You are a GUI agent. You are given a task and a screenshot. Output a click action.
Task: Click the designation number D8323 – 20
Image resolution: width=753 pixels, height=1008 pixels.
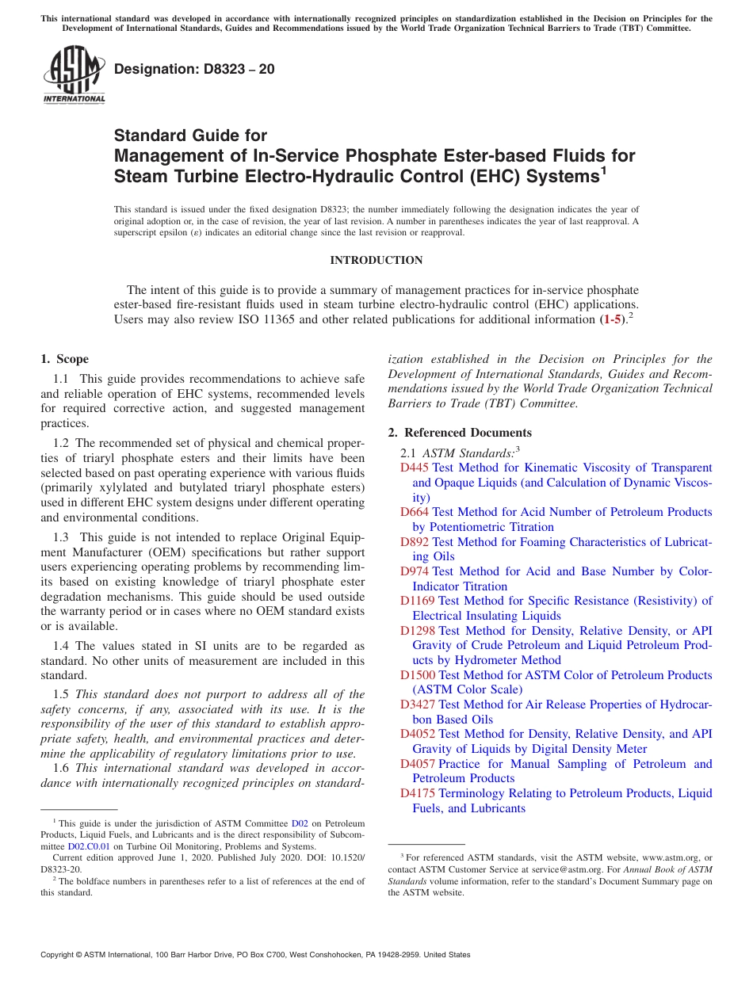(194, 69)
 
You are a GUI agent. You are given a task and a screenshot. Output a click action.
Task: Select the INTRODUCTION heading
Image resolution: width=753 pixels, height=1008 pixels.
(376, 260)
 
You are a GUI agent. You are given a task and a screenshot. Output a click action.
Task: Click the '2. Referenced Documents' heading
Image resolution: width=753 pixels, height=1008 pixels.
(460, 433)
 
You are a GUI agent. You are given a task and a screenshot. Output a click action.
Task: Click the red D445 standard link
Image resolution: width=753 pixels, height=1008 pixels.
(415, 468)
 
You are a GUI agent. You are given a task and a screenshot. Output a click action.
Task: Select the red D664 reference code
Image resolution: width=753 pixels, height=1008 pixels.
(415, 512)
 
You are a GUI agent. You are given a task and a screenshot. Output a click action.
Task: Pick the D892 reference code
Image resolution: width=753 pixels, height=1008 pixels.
(415, 542)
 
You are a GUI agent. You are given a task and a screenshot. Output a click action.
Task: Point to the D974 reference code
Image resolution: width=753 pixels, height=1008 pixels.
(415, 571)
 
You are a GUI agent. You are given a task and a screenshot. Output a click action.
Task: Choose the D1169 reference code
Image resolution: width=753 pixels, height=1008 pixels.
(418, 601)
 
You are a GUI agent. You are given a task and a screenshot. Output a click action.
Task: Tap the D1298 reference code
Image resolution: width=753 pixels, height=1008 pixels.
(418, 631)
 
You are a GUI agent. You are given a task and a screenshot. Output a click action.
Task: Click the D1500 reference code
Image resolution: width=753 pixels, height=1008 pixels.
(418, 675)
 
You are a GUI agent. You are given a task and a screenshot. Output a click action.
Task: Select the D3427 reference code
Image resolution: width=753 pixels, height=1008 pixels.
(418, 704)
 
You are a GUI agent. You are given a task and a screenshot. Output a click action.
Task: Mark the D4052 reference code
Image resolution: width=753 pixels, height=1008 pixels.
(418, 734)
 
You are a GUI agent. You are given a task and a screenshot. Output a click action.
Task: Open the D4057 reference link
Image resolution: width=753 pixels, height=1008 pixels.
(418, 764)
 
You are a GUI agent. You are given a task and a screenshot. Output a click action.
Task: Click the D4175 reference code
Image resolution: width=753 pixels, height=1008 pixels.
(418, 793)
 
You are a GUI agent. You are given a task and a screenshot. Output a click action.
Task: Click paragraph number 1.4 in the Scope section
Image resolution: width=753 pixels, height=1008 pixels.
(62, 647)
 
